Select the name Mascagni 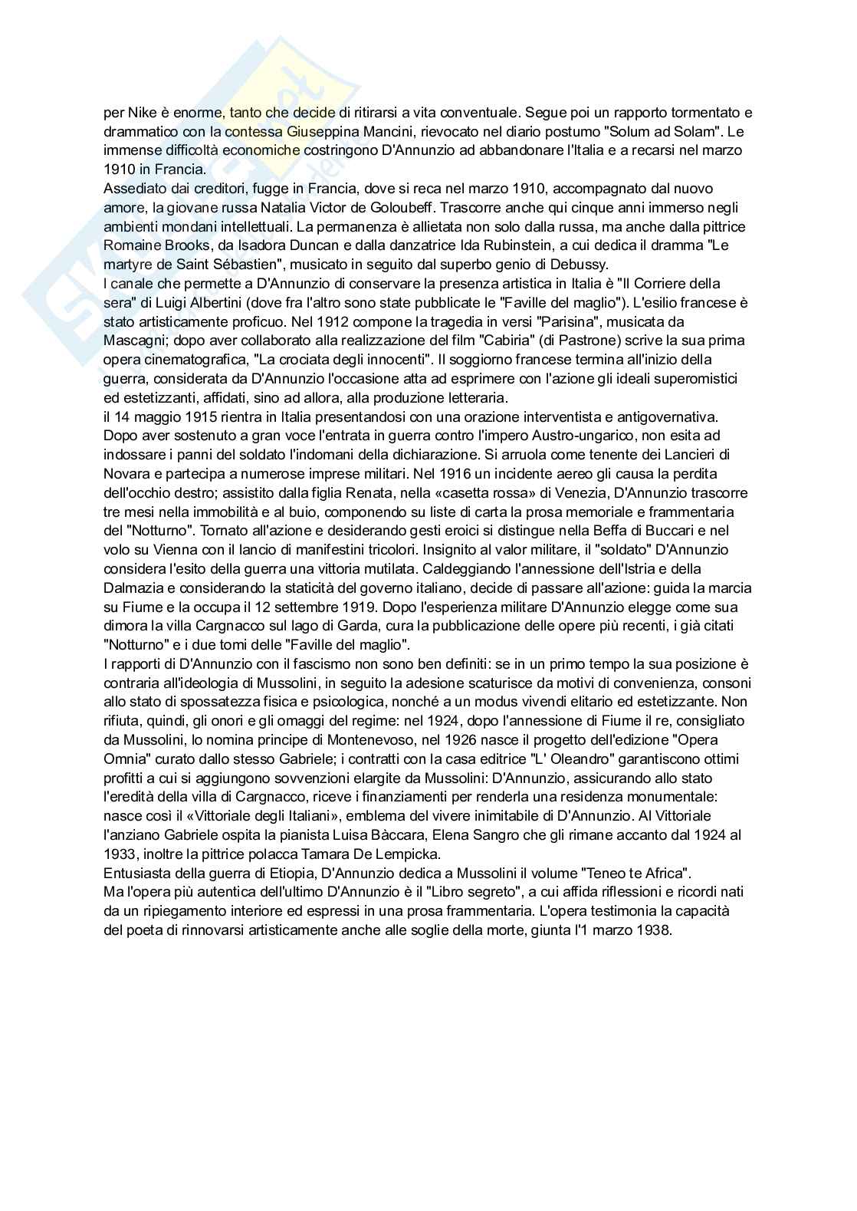coord(134,341)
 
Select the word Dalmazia coord(133,587)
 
